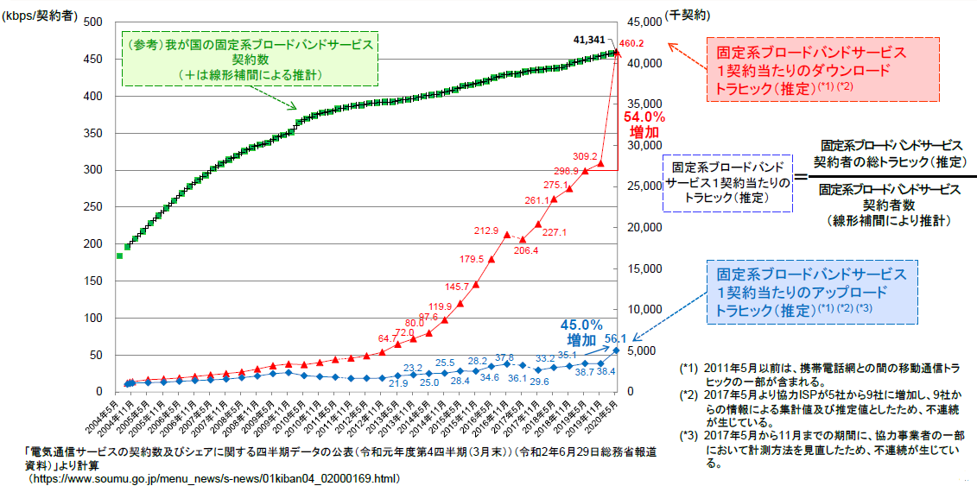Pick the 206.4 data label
tap(525, 250)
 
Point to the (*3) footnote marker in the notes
tap(688, 434)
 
